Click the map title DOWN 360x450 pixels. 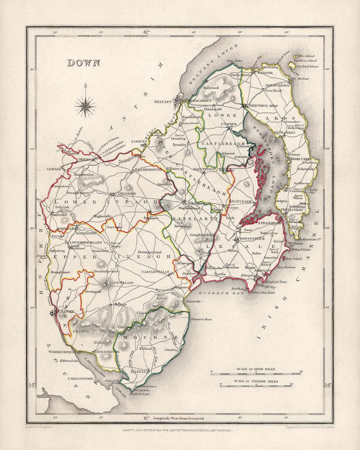tap(83, 63)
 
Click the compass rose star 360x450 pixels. tap(85, 106)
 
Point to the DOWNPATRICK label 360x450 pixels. tap(252, 239)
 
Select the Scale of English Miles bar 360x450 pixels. tap(256, 385)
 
